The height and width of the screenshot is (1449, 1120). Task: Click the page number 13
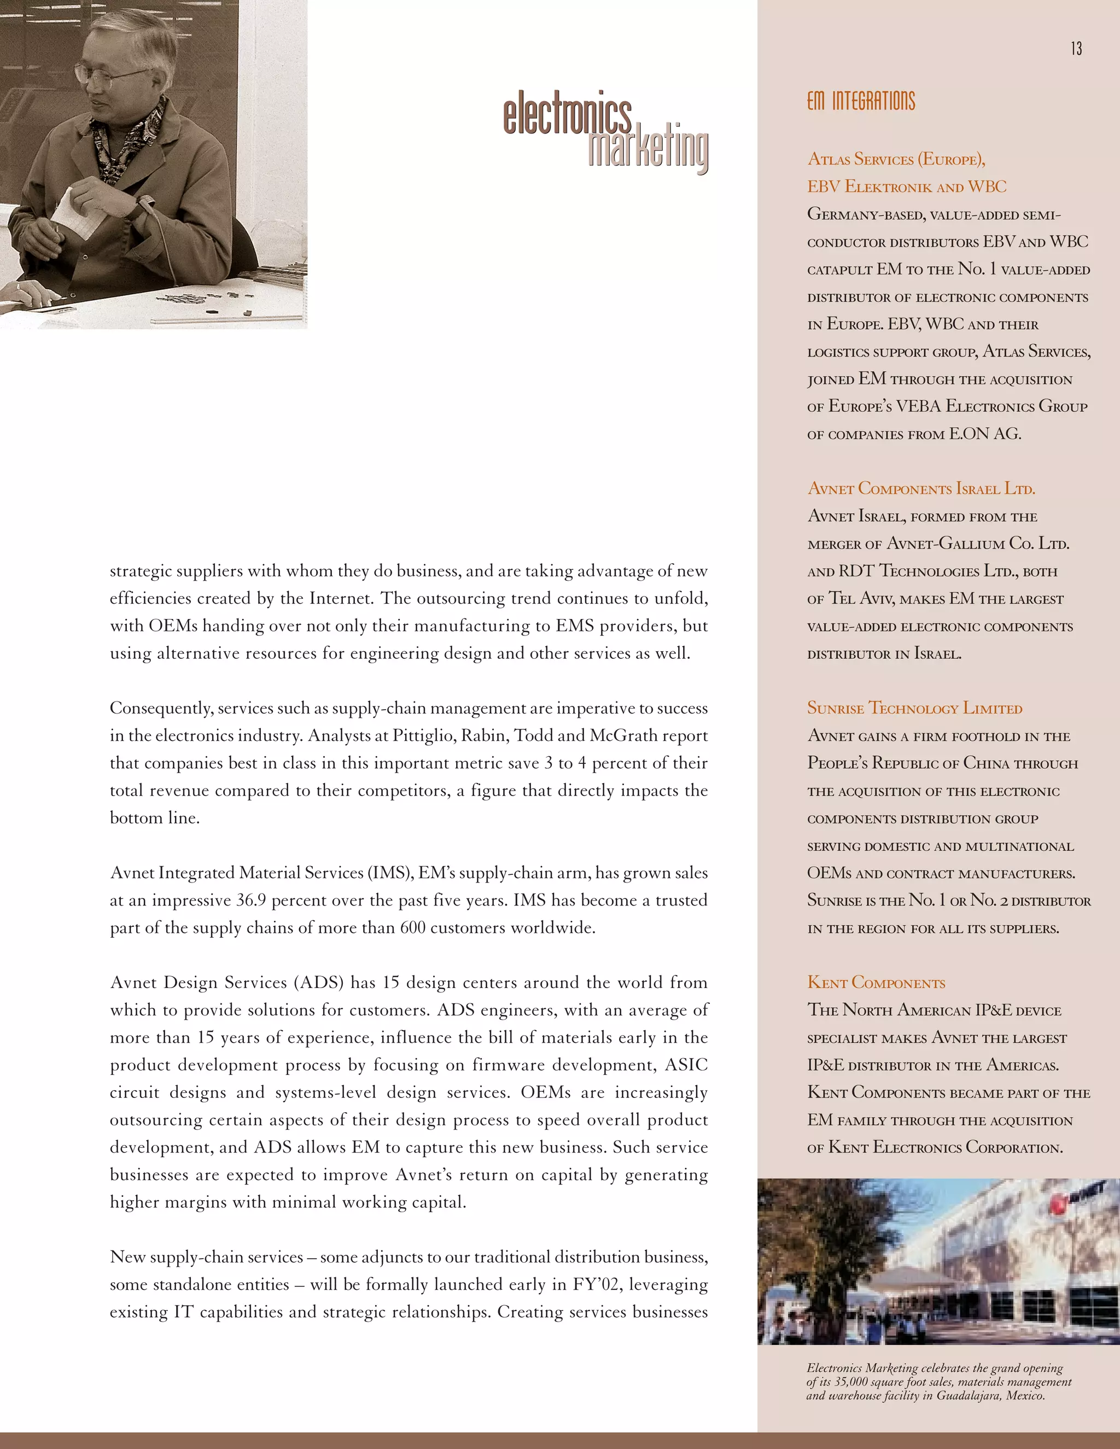pyautogui.click(x=1076, y=49)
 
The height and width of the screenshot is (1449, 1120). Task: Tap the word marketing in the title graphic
pyautogui.click(x=648, y=149)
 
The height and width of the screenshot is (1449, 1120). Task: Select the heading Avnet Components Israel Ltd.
pyautogui.click(x=921, y=489)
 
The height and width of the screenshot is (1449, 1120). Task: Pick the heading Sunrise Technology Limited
pyautogui.click(x=914, y=709)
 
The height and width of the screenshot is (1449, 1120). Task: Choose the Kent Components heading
pyautogui.click(x=876, y=983)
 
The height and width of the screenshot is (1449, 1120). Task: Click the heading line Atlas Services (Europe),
pyautogui.click(x=896, y=159)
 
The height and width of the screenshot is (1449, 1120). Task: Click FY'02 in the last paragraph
pyautogui.click(x=597, y=1285)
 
